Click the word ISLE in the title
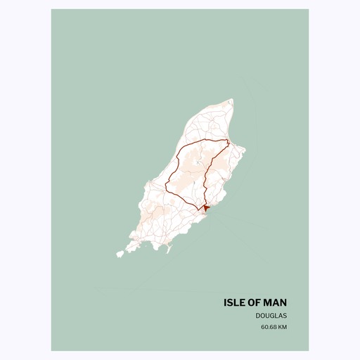click(x=235, y=303)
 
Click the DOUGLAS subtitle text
click(x=271, y=316)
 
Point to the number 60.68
click(x=269, y=327)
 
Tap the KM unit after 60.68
click(x=283, y=327)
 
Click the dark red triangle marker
click(x=205, y=207)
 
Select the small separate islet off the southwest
click(x=121, y=253)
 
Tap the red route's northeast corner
click(x=229, y=142)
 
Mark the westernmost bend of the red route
click(x=166, y=187)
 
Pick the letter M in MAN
click(x=269, y=303)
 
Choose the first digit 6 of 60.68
click(x=262, y=327)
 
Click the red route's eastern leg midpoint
click(x=206, y=176)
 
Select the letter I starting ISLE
click(x=225, y=303)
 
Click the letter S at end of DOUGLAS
click(x=285, y=316)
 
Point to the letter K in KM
click(x=281, y=327)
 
